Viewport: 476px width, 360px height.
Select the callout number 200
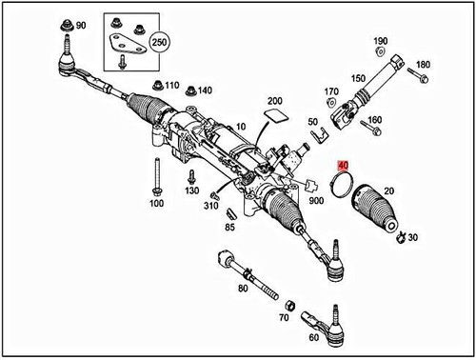click(x=275, y=102)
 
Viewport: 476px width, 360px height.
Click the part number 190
click(x=381, y=41)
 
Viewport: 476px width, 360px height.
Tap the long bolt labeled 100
click(x=155, y=178)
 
